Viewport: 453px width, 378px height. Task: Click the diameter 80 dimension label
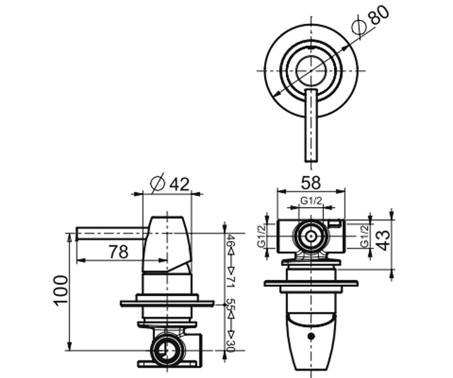(x=370, y=20)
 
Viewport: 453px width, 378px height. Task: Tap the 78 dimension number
(x=119, y=252)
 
